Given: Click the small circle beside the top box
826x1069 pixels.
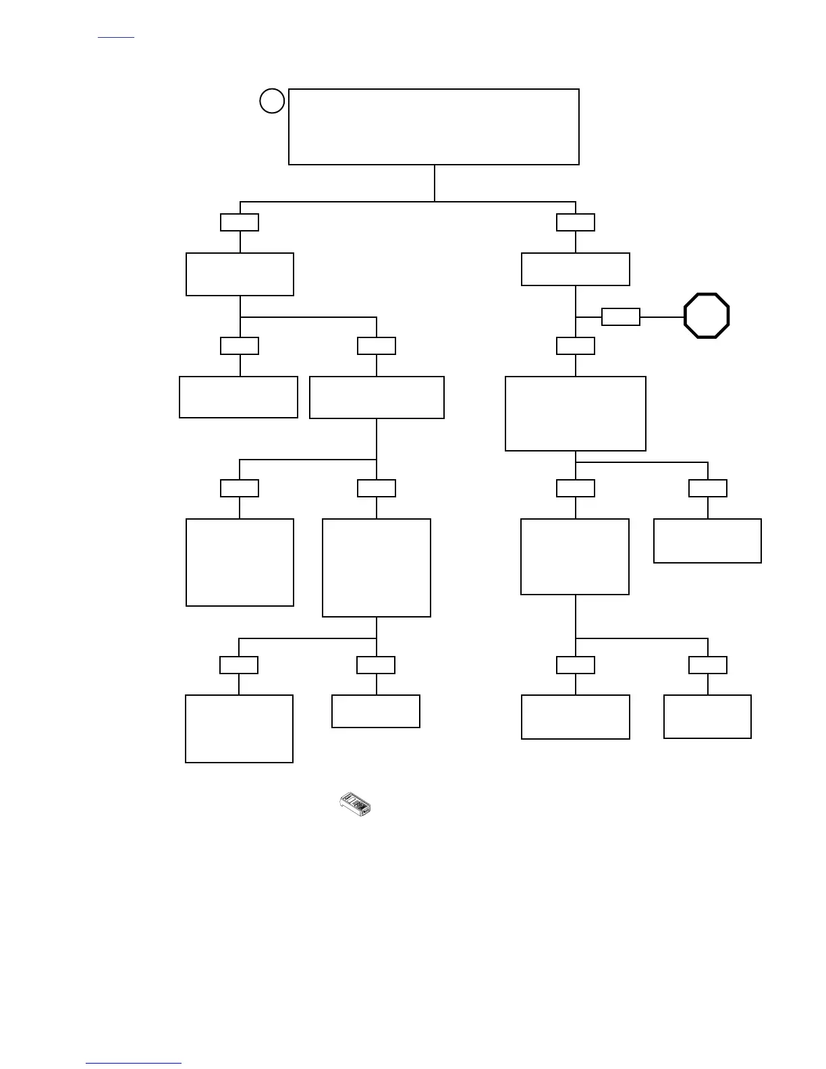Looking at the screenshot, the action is point(272,101).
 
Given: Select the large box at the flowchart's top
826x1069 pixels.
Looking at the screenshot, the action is point(433,126).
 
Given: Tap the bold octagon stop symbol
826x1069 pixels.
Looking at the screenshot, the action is point(707,315).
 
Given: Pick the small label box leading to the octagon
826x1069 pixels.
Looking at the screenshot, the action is point(620,317).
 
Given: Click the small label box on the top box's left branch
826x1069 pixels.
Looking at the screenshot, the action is point(240,222).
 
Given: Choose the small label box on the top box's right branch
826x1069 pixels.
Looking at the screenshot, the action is point(576,222).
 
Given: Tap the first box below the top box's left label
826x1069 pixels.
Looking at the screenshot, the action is point(240,274).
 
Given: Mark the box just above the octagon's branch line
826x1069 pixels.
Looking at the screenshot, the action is point(576,269).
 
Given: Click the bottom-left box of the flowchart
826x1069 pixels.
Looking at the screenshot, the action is point(239,729).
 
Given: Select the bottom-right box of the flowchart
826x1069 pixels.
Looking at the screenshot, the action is point(707,717).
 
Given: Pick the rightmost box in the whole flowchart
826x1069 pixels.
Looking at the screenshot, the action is point(707,541).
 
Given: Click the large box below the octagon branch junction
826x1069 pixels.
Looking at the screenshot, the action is point(576,414).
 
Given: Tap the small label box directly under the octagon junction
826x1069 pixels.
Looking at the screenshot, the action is point(576,346).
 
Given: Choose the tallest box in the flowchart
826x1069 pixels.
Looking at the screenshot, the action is point(377,568).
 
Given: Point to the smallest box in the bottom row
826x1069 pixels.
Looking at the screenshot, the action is point(376,711).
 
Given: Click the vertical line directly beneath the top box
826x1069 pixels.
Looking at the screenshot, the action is point(435,183).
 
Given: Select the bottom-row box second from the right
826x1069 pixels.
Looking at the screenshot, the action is point(576,717).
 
